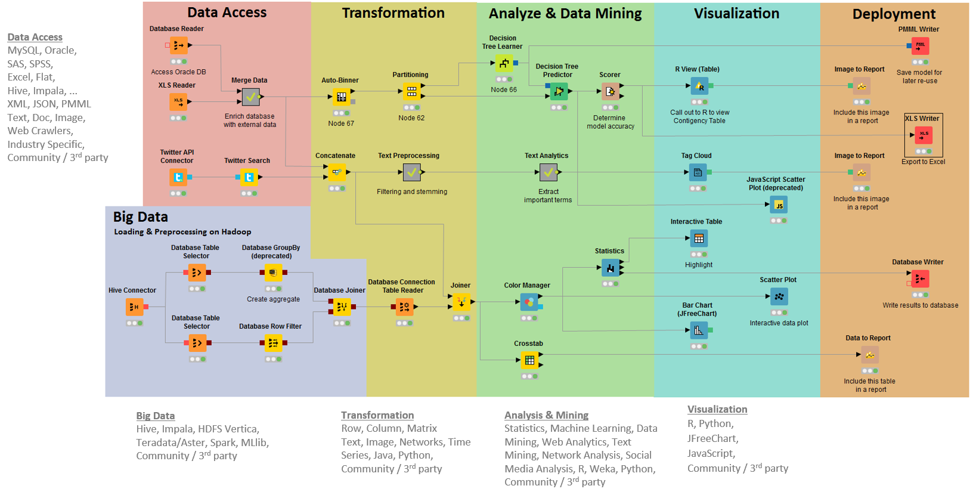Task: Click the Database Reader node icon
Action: pos(178,45)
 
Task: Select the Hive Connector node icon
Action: pos(135,307)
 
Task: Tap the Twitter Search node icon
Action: pos(249,177)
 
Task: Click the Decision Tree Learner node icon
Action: pos(504,63)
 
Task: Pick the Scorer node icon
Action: pos(610,91)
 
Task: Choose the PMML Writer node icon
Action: pos(920,46)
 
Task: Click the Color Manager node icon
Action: pos(529,302)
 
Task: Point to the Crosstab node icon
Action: pos(529,360)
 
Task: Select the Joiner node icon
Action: pos(461,302)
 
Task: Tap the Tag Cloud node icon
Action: pos(698,172)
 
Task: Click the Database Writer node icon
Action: pos(920,279)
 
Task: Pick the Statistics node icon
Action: pos(611,268)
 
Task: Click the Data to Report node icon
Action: pos(870,355)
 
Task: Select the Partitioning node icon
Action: pos(411,91)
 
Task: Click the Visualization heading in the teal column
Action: pos(737,14)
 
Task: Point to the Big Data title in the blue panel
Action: pos(140,217)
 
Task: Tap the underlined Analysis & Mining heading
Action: pos(547,415)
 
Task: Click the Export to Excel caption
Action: pos(923,162)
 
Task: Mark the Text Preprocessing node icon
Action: pos(411,172)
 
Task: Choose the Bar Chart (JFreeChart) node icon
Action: pos(699,330)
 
